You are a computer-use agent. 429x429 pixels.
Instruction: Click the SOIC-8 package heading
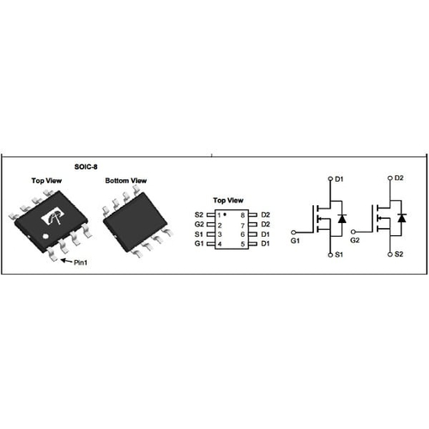coord(86,166)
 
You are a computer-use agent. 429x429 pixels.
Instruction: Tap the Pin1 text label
coord(81,263)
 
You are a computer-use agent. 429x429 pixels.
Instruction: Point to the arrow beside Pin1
coord(66,261)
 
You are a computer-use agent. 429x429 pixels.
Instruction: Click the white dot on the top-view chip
coord(45,236)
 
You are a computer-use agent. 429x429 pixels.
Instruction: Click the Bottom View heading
coord(126,181)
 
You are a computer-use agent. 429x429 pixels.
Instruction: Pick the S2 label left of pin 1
coord(199,214)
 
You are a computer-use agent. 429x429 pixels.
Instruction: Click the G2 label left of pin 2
coord(199,224)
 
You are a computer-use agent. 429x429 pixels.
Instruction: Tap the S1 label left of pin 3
coord(199,234)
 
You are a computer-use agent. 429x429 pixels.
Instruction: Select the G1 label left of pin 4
coord(199,244)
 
